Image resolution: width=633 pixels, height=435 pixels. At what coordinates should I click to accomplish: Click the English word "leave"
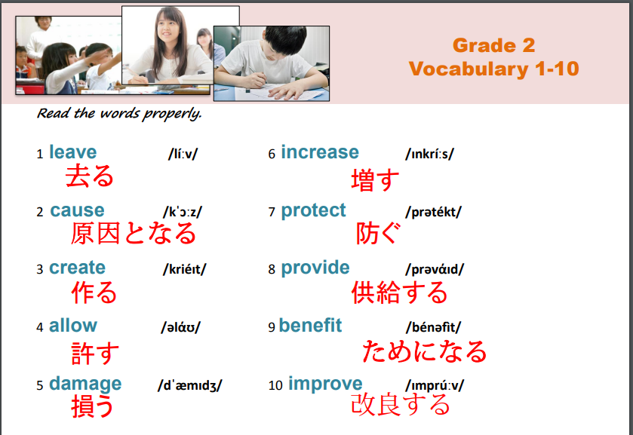72,152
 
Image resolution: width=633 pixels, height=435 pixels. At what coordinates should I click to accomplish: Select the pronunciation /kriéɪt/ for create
185,269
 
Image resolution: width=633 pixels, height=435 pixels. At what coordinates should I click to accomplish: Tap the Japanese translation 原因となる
134,234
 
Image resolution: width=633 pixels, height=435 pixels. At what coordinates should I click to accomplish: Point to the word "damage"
85,384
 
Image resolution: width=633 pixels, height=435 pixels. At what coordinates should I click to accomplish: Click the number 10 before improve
275,385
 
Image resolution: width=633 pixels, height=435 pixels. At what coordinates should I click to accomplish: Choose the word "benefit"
310,325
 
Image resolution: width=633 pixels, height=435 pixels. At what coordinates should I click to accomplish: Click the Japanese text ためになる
425,351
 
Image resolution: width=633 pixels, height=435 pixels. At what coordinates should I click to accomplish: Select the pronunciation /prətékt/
433,212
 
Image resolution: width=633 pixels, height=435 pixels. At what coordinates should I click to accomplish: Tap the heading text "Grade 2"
493,44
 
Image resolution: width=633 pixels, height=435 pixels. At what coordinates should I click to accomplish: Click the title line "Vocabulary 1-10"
493,69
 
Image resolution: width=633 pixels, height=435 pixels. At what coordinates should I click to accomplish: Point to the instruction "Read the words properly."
119,113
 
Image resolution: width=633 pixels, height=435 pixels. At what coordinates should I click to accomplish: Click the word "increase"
320,152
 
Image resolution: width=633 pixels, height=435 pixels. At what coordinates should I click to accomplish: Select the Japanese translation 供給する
399,293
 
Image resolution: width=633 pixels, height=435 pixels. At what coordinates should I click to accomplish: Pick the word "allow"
72,325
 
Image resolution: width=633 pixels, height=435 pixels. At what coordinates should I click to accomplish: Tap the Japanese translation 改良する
400,404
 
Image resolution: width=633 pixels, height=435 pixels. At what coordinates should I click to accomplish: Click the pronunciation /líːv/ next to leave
183,154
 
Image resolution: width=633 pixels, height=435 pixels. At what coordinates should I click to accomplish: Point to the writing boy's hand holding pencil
255,79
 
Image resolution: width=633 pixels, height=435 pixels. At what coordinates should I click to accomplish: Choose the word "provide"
315,268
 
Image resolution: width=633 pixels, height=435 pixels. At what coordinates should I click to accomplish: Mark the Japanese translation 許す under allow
95,353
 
